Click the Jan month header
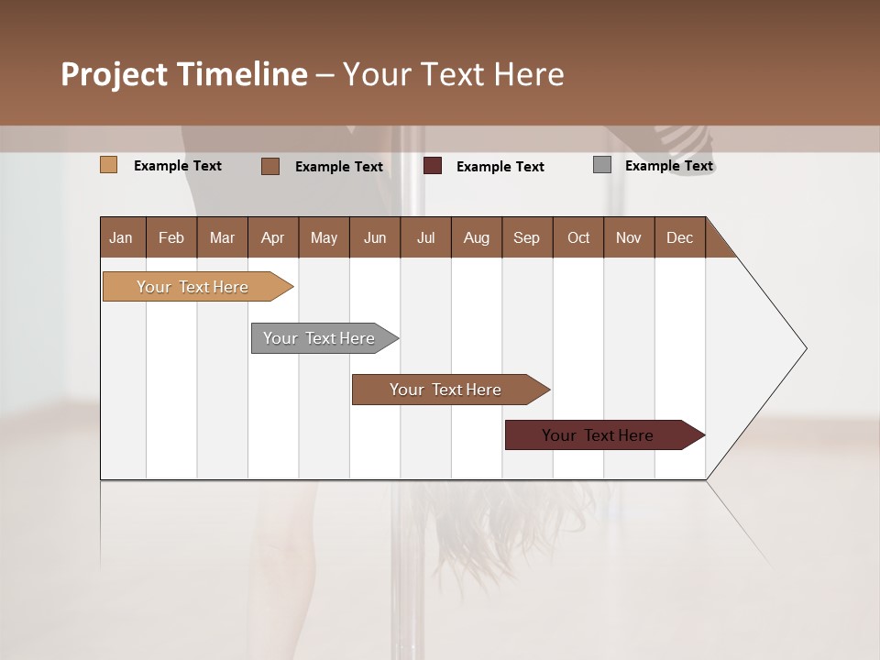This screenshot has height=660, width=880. pyautogui.click(x=122, y=237)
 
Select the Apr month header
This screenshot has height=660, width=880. pyautogui.click(x=273, y=237)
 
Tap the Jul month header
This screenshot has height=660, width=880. pyautogui.click(x=425, y=237)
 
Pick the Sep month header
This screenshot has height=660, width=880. pyautogui.click(x=526, y=237)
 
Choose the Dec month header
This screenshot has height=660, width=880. pyautogui.click(x=679, y=237)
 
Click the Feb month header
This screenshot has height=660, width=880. pyautogui.click(x=171, y=237)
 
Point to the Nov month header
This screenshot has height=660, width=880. pyautogui.click(x=628, y=237)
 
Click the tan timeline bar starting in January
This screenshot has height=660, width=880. pyautogui.click(x=192, y=287)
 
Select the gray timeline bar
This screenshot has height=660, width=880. pyautogui.click(x=319, y=338)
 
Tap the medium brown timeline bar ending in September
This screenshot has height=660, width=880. pyautogui.click(x=445, y=390)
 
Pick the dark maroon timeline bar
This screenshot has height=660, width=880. pyautogui.click(x=598, y=435)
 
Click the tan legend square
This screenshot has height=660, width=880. pyautogui.click(x=108, y=165)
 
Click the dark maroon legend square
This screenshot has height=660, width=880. pyautogui.click(x=433, y=165)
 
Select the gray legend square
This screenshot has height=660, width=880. pyautogui.click(x=601, y=165)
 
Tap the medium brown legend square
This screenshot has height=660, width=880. pyautogui.click(x=269, y=166)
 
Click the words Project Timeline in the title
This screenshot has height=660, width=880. pyautogui.click(x=183, y=74)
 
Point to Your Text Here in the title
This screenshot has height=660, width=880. pyautogui.click(x=453, y=74)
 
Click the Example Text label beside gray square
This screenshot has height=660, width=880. pyautogui.click(x=668, y=166)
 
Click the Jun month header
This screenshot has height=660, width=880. pyautogui.click(x=375, y=237)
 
